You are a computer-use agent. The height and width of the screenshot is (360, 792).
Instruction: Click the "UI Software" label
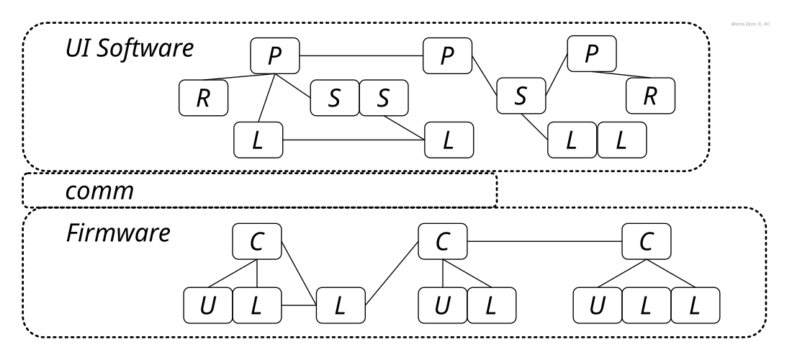(x=130, y=50)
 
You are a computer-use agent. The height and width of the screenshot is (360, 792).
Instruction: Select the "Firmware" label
(x=119, y=233)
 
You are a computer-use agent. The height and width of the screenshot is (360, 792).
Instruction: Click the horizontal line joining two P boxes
(x=360, y=55)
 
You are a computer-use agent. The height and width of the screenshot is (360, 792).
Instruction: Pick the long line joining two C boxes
(x=545, y=240)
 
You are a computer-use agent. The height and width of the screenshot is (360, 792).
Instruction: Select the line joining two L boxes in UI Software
(x=353, y=140)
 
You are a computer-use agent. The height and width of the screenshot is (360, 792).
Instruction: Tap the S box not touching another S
(x=521, y=98)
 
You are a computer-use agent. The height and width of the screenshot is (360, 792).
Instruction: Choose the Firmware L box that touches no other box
(x=341, y=305)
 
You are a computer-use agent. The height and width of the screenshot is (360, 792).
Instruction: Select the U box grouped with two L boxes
(x=598, y=305)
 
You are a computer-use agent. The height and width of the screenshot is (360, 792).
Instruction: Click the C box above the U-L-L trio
(x=647, y=240)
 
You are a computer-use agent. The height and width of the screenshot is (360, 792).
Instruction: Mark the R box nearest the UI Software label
(x=203, y=98)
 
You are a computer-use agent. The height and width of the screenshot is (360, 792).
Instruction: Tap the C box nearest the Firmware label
(x=257, y=240)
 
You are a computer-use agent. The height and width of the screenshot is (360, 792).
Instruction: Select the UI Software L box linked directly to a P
(x=258, y=140)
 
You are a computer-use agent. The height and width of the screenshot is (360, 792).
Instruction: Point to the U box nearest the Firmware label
(x=207, y=305)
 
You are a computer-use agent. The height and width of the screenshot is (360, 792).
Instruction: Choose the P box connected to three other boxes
(x=276, y=56)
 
